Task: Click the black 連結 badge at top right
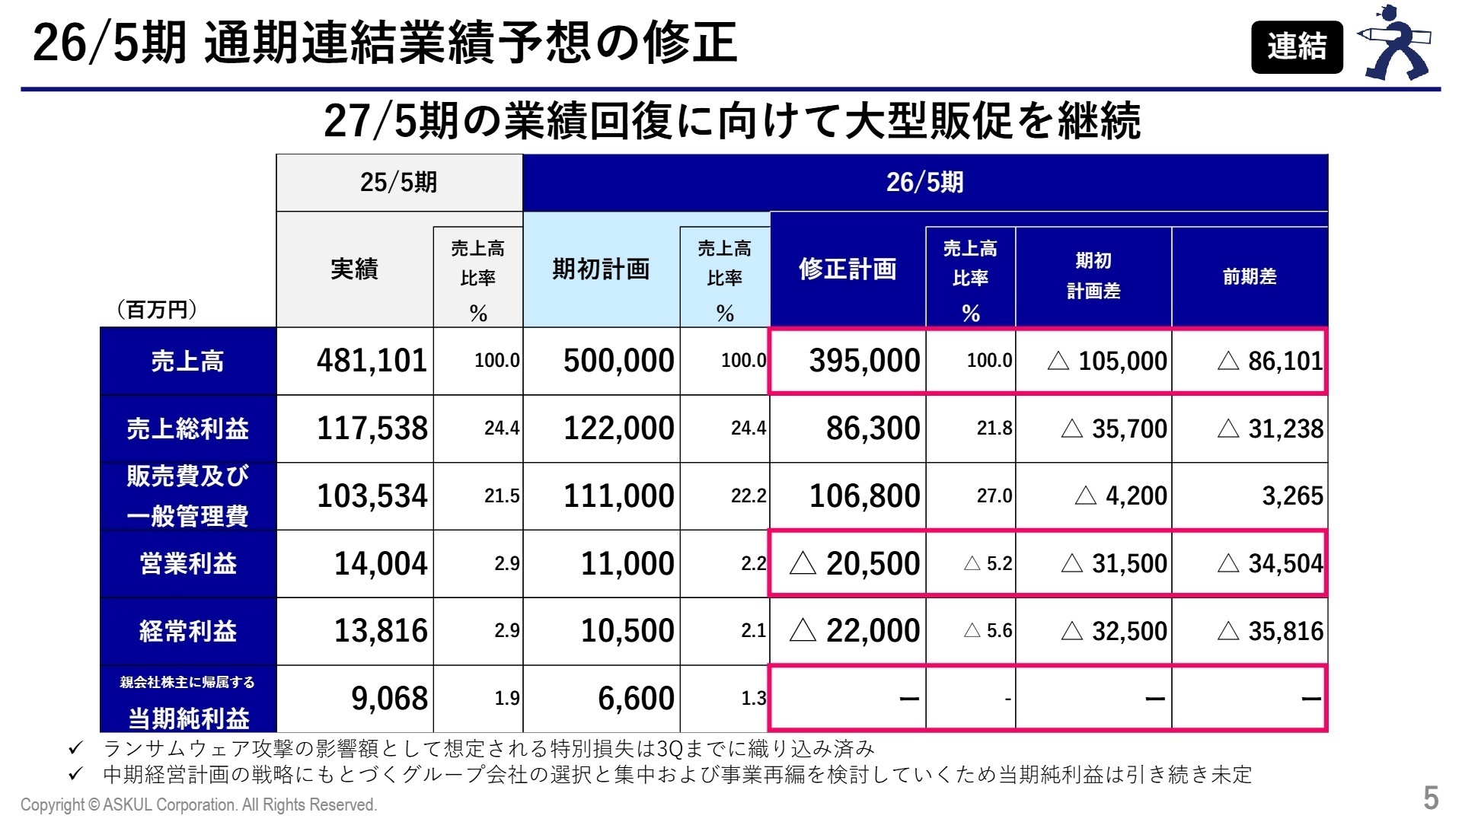1296,46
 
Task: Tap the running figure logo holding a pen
1396,44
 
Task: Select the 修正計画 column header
848,269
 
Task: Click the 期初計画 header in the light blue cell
601,269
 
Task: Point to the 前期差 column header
1249,276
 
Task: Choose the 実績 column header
354,269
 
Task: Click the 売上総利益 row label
187,429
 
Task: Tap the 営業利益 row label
187,563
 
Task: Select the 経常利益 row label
187,631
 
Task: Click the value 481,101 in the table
372,361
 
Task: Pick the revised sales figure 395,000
864,361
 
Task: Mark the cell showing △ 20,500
854,563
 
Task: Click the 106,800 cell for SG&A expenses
864,496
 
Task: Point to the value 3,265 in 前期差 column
1292,496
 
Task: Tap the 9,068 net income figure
389,698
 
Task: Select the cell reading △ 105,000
1107,361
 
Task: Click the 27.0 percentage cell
994,496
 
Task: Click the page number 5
1431,798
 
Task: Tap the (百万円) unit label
157,310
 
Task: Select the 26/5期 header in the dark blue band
924,183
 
